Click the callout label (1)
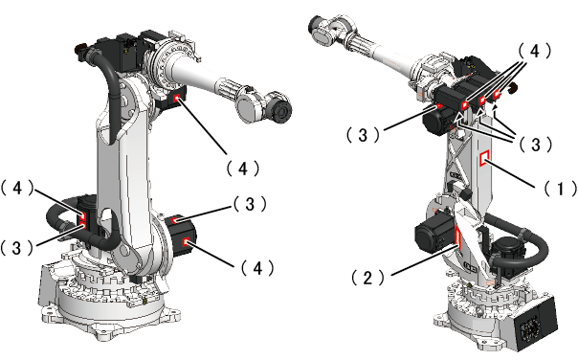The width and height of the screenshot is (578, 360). pyautogui.click(x=561, y=188)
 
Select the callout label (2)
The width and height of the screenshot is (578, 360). pyautogui.click(x=367, y=278)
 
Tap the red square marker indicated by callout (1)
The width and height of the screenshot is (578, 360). pyautogui.click(x=484, y=158)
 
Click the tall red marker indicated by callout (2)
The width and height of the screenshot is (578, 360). pyautogui.click(x=457, y=236)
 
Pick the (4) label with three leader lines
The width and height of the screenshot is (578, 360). pyautogui.click(x=535, y=51)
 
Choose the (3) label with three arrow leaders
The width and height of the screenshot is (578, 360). pyautogui.click(x=536, y=145)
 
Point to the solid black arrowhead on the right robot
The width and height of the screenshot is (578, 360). pyautogui.click(x=496, y=107)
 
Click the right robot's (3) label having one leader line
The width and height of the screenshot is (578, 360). pyautogui.click(x=363, y=135)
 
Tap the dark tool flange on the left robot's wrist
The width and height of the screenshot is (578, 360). pyautogui.click(x=281, y=111)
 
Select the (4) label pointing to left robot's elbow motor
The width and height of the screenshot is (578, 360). pyautogui.click(x=242, y=169)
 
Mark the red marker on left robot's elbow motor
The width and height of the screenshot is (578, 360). pyautogui.click(x=177, y=98)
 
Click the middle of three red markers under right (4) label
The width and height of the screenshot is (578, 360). pyautogui.click(x=482, y=101)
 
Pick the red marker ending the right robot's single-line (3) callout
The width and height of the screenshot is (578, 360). pyautogui.click(x=439, y=106)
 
